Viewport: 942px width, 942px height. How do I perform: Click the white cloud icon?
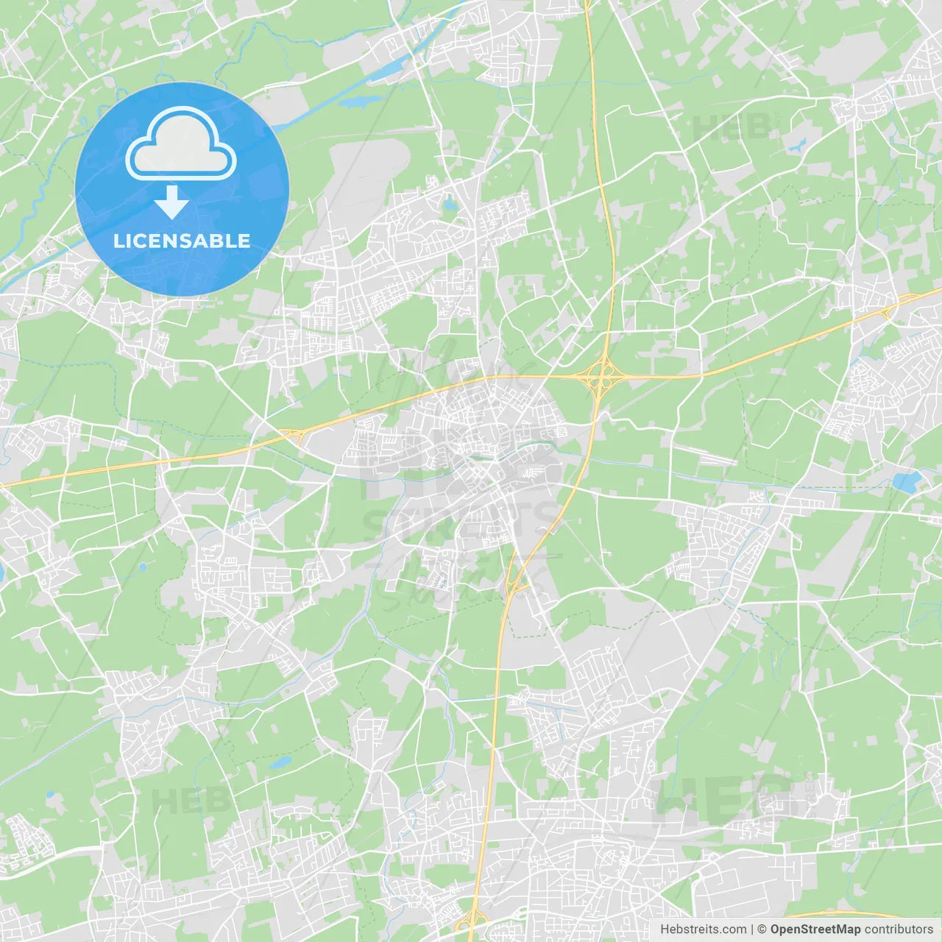coord(181,144)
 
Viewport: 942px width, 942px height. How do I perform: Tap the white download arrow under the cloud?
coord(172,202)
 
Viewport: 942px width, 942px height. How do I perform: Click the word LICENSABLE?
coord(182,241)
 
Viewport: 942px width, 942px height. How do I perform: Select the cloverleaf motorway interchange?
coord(603,376)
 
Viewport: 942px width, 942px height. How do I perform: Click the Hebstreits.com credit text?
coord(703,929)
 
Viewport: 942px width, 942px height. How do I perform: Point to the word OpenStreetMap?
coord(815,929)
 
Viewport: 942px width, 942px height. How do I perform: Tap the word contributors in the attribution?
coord(899,929)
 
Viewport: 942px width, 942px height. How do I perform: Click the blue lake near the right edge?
coord(906,482)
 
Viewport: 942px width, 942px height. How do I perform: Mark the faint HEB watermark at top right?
coord(732,127)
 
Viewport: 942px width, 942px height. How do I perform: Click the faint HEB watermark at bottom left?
coord(188,801)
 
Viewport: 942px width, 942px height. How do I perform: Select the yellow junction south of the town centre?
coord(517,584)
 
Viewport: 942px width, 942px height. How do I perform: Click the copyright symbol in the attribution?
coord(762,929)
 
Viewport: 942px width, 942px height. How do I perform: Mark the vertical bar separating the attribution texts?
coord(752,929)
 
